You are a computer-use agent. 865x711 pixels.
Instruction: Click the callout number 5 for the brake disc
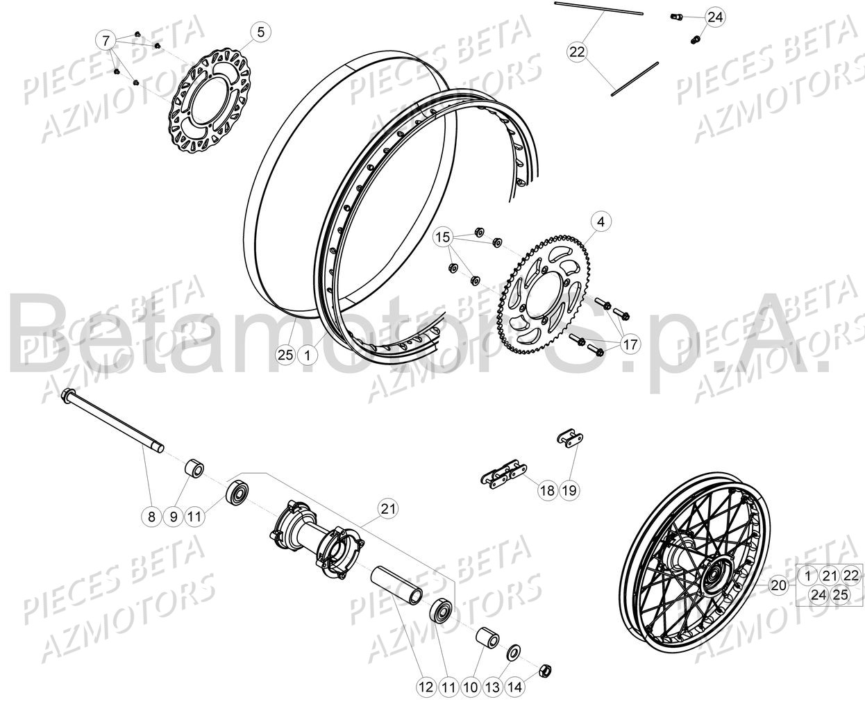tap(261, 32)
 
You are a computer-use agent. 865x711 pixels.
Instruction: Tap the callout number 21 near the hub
tap(388, 509)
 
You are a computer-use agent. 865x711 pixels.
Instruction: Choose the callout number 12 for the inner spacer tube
tap(426, 687)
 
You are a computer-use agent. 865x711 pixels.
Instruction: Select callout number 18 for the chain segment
tap(547, 491)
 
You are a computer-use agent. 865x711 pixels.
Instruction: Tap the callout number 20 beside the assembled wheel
tap(779, 585)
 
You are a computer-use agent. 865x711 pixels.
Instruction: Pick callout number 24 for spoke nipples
tap(715, 17)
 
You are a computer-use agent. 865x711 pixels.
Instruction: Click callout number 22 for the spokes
tap(578, 51)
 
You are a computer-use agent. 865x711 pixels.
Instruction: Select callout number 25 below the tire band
tap(285, 355)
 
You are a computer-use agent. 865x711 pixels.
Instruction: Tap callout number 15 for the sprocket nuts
tap(442, 238)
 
